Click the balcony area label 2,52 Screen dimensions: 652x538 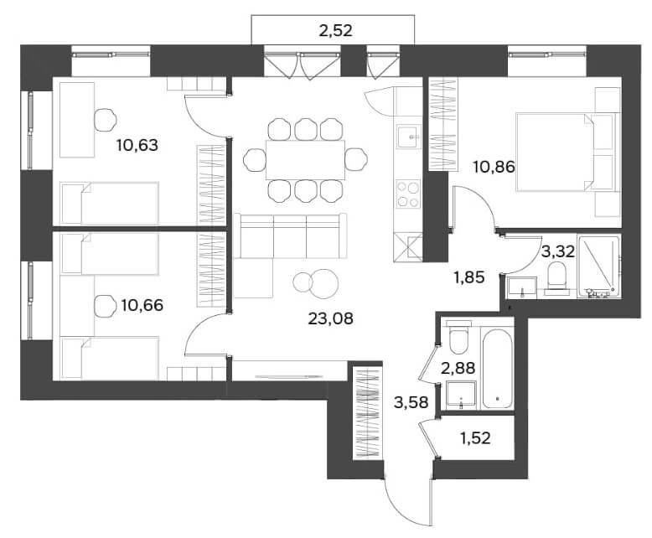point(335,30)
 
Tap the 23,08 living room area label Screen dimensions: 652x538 point(330,318)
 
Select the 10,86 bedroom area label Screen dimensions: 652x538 point(494,167)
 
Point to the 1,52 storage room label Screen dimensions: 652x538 point(476,437)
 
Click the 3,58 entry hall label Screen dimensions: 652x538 point(411,402)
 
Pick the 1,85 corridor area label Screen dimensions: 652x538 point(469,277)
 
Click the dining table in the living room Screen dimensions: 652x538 point(306,160)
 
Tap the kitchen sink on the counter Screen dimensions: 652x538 point(408,137)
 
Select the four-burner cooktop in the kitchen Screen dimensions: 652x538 point(408,194)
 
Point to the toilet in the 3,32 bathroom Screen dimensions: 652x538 point(557,276)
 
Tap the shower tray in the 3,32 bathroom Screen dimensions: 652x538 point(598,266)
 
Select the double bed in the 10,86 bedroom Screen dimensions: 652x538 point(565,153)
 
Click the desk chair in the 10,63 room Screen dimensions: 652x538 point(106,120)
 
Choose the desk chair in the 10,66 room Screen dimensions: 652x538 point(105,307)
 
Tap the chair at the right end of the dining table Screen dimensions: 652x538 point(356,159)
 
